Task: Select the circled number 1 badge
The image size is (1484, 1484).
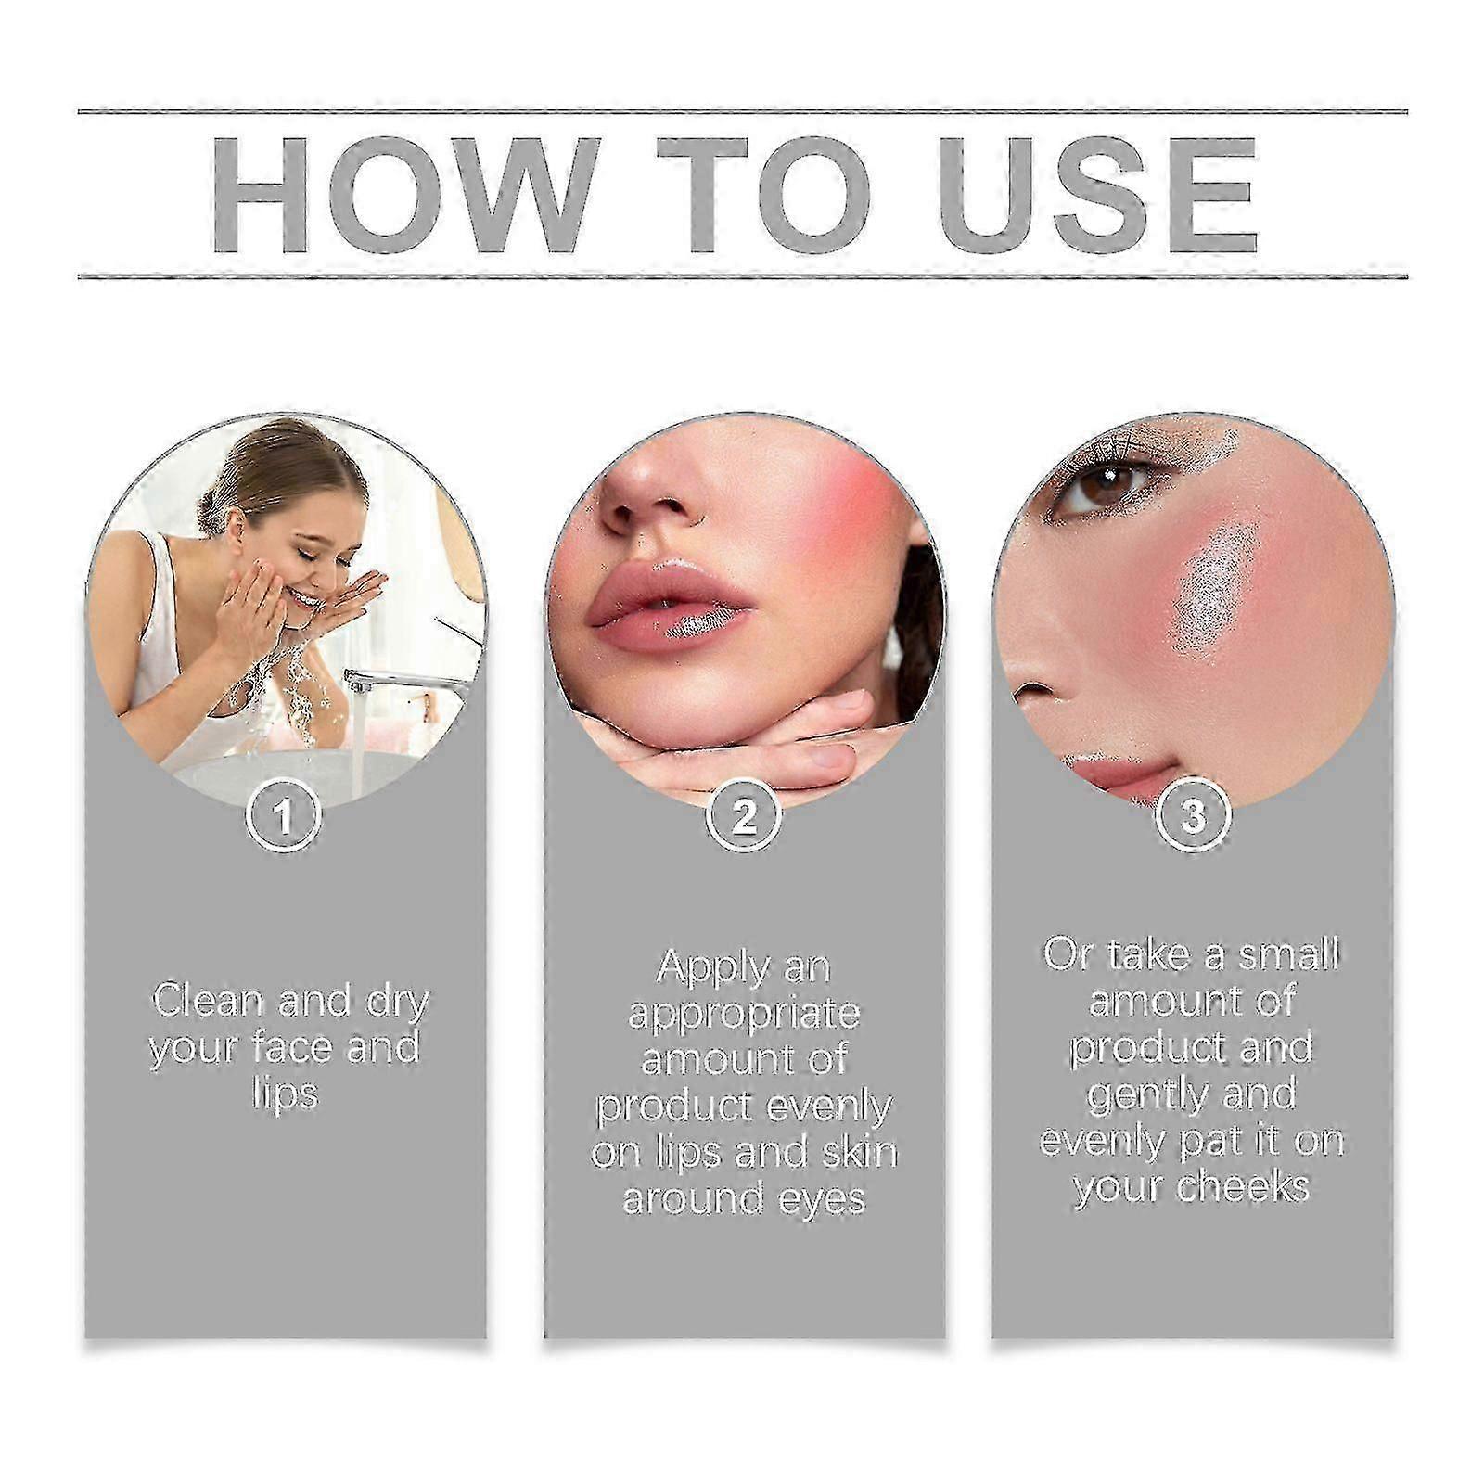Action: tap(285, 817)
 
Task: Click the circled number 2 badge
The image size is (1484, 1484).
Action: tap(744, 817)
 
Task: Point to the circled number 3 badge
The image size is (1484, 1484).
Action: tap(1194, 817)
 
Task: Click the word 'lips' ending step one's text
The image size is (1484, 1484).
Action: tap(285, 1094)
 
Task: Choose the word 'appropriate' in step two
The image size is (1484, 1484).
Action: tap(744, 1015)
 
